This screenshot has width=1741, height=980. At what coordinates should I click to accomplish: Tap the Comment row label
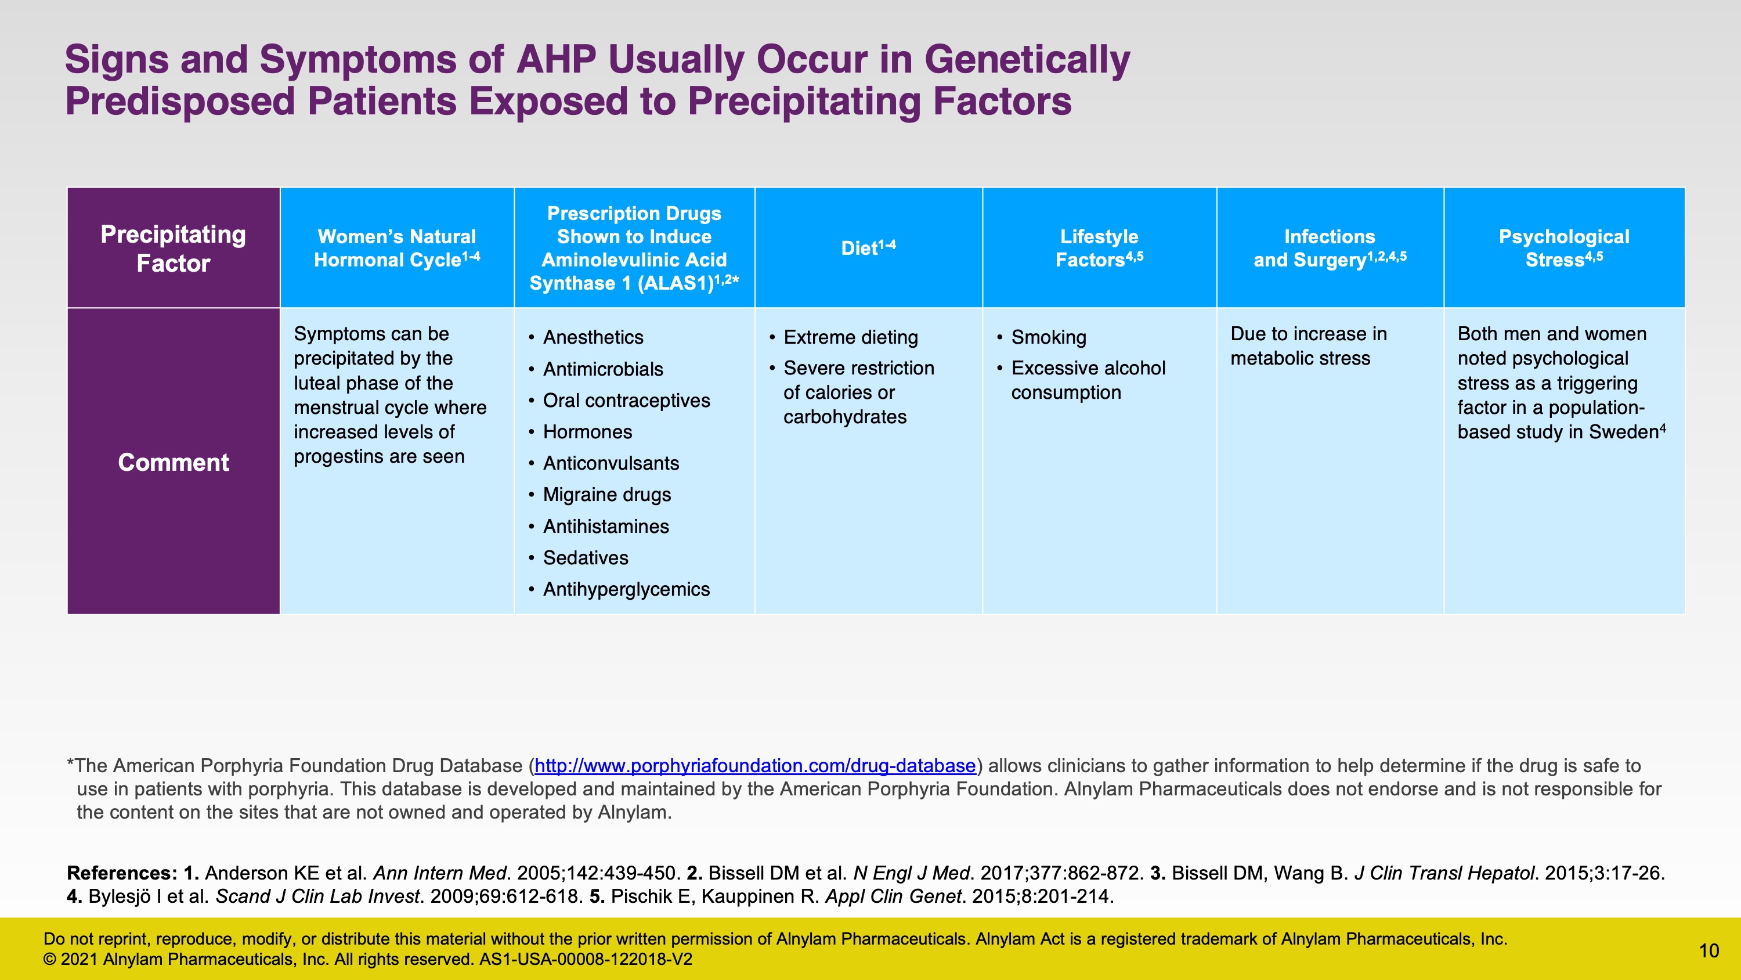[x=173, y=462]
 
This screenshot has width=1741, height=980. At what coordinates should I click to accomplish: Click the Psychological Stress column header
[x=1564, y=247]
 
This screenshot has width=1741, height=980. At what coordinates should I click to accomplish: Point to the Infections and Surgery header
[x=1330, y=247]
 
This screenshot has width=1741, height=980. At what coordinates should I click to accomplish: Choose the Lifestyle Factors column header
[x=1099, y=247]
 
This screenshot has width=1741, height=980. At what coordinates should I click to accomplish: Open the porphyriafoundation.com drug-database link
[x=755, y=766]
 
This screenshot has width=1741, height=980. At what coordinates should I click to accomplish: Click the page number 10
[x=1709, y=950]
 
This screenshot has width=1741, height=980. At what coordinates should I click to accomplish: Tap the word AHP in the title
[x=556, y=60]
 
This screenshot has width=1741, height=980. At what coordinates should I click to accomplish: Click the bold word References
[x=122, y=873]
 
